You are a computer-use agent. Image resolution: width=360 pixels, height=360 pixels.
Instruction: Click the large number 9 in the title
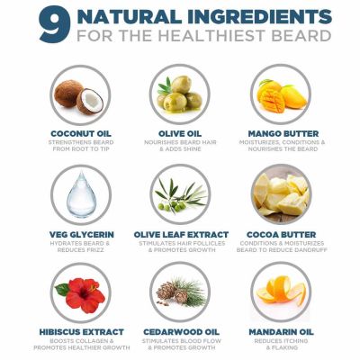point(55,26)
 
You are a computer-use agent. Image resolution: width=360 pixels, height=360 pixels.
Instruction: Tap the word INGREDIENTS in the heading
point(259,16)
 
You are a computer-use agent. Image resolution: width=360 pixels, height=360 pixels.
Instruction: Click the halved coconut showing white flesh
point(90,101)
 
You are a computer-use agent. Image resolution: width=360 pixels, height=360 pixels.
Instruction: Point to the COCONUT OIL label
point(81,133)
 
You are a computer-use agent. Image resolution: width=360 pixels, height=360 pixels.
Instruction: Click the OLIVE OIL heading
point(180,133)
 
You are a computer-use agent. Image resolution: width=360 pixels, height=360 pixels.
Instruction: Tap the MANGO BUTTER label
point(283,133)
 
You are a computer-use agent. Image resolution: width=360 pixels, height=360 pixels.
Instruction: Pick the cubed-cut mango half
point(273,101)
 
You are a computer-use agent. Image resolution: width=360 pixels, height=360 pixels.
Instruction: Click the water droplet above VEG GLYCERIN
point(81,193)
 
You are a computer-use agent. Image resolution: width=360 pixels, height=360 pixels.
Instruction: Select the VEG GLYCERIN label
point(82,235)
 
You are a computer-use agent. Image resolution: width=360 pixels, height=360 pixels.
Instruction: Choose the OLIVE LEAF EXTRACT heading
point(181,235)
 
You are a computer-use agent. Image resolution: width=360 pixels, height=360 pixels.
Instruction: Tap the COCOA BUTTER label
point(281,235)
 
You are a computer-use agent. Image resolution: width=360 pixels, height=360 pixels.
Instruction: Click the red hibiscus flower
point(85,294)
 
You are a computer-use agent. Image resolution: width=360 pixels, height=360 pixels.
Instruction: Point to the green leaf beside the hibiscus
point(62,289)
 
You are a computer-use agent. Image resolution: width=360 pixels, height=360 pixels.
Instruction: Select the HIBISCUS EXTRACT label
point(81,332)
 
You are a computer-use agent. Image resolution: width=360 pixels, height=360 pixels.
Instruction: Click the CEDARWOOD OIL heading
point(181,332)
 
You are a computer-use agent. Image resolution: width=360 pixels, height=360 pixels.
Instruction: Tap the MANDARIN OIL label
point(281,332)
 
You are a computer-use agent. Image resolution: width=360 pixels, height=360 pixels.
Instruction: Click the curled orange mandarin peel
point(282,290)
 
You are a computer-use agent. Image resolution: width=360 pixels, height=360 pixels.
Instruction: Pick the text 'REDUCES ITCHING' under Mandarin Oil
point(281,341)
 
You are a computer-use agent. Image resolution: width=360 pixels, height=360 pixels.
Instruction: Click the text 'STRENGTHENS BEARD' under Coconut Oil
point(81,142)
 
